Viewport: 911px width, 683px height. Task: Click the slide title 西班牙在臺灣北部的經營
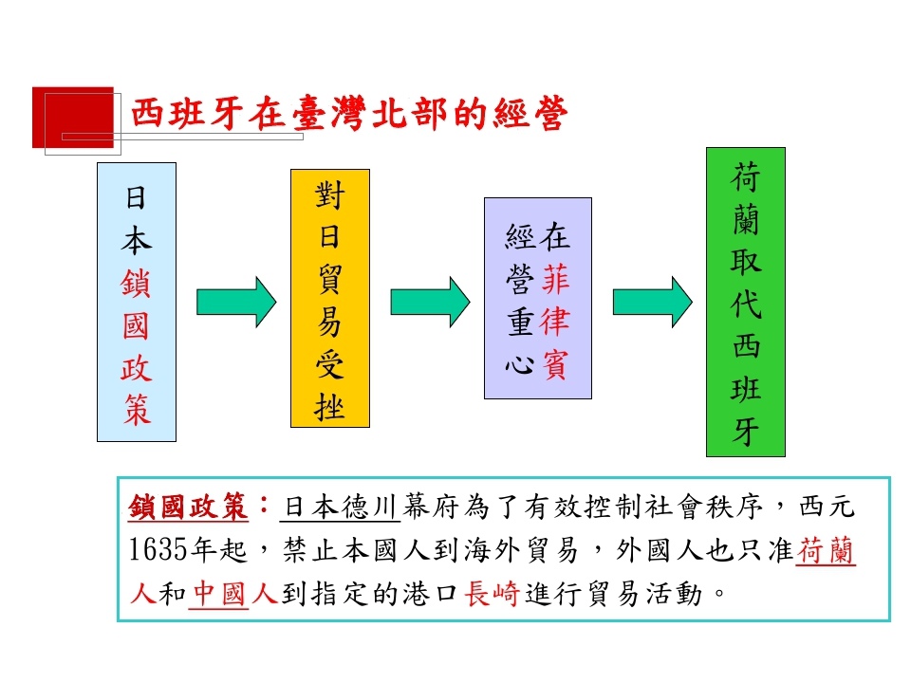(349, 113)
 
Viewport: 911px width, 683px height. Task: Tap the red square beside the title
(73, 118)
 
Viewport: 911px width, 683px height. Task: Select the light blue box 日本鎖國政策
(137, 302)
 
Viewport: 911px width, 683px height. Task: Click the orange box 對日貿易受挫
(330, 299)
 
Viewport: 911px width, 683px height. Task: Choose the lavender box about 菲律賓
(538, 299)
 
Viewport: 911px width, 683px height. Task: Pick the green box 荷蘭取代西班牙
(746, 302)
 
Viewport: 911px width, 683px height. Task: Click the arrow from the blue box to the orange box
(236, 302)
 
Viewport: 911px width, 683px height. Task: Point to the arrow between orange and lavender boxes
(430, 302)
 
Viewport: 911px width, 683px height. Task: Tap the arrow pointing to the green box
(653, 302)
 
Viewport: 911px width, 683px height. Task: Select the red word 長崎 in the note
(492, 594)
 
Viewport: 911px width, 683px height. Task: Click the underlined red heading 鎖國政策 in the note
(188, 507)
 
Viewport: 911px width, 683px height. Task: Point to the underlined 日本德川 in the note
(341, 507)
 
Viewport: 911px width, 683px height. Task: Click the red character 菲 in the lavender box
(556, 279)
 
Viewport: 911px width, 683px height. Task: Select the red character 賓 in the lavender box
(556, 364)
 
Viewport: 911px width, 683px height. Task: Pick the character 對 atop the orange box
(330, 194)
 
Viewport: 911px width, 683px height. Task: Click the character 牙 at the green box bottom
(746, 432)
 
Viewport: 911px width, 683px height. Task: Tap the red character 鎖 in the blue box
(137, 284)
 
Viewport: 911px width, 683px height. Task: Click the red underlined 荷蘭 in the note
(825, 550)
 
